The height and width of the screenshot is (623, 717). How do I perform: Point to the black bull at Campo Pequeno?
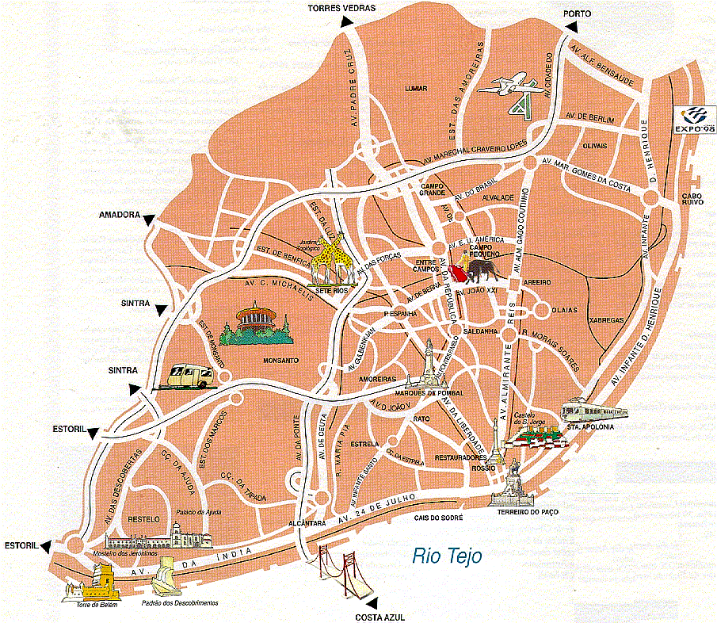pos(482,270)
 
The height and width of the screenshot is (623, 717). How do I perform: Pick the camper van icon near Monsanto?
pos(187,375)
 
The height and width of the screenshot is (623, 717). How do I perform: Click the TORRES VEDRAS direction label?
pos(341,9)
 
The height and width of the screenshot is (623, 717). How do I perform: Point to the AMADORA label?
pos(119,215)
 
